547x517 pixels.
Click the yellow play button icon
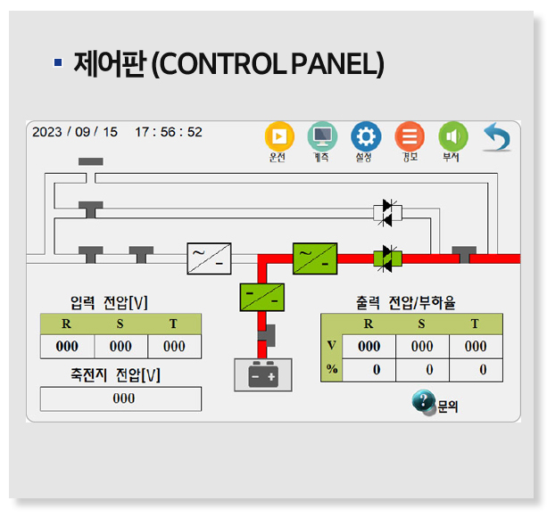[x=279, y=136]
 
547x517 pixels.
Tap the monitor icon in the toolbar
[x=322, y=136]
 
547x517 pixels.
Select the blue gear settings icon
[x=365, y=136]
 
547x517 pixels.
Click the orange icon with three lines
[x=410, y=136]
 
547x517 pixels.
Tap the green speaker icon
[x=452, y=136]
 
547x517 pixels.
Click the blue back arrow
[x=496, y=137]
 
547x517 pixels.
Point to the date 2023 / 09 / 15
[x=75, y=132]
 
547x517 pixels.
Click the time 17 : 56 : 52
[x=169, y=132]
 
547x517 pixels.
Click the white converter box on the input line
[x=210, y=258]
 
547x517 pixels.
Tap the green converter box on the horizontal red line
[x=316, y=258]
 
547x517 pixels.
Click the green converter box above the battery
[x=262, y=295]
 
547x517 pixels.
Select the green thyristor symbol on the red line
[x=387, y=258]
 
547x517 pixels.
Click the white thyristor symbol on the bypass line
[x=387, y=212]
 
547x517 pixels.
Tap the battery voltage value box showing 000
[x=121, y=398]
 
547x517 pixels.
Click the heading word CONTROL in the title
[x=232, y=64]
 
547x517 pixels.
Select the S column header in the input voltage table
[x=120, y=324]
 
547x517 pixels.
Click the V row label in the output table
[x=331, y=346]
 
